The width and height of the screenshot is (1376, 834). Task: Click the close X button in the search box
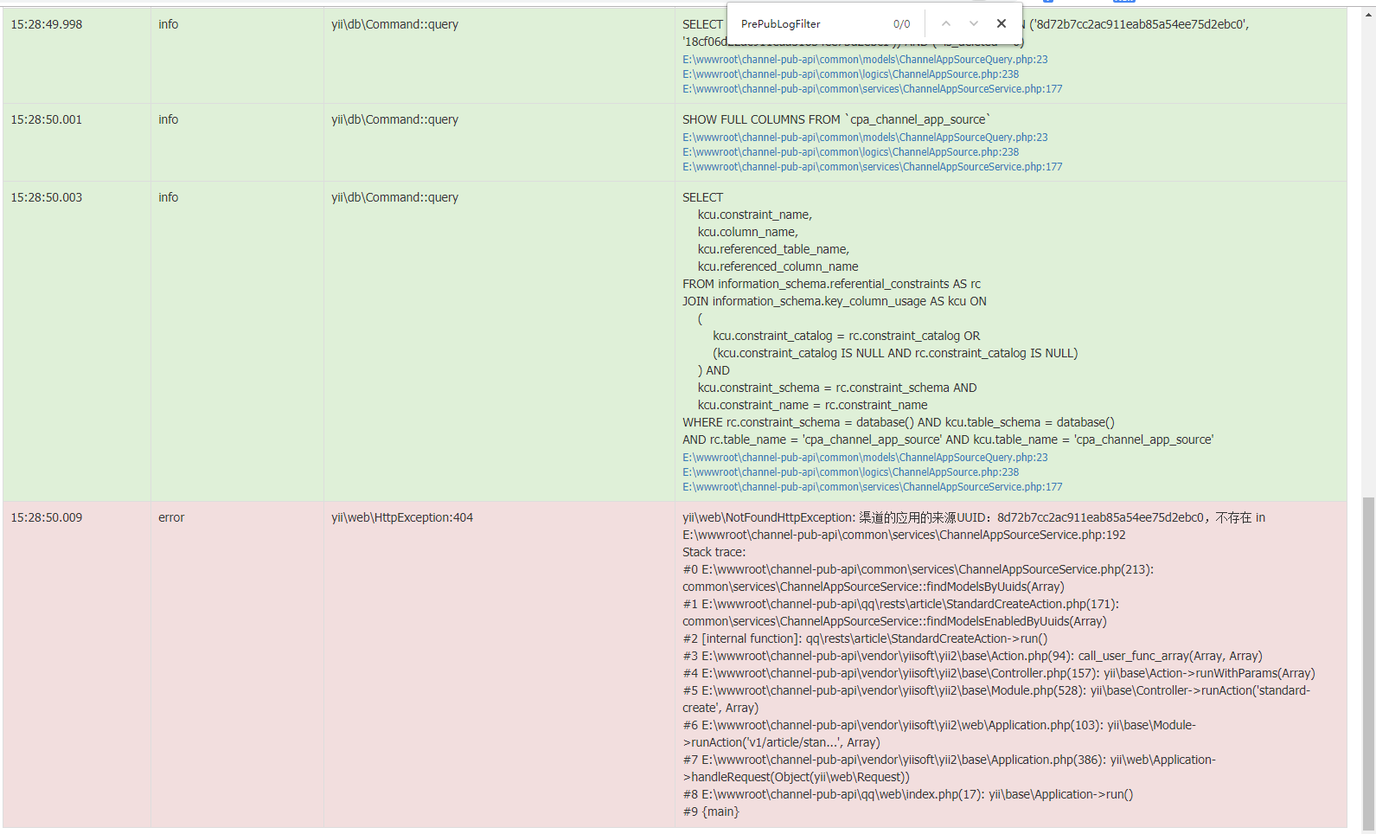tap(1002, 24)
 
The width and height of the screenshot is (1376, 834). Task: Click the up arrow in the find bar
tap(946, 24)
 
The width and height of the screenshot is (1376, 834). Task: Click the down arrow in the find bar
tap(974, 24)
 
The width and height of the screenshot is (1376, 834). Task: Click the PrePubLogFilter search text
tap(781, 24)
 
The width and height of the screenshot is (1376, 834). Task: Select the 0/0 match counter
tap(901, 24)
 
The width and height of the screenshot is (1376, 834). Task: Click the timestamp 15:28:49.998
tap(47, 24)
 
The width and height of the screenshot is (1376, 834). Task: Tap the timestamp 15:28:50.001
tap(47, 119)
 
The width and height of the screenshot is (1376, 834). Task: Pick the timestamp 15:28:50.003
tap(47, 197)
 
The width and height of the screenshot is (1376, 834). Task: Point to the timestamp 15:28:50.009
tap(47, 517)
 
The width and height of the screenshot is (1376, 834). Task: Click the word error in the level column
tap(171, 517)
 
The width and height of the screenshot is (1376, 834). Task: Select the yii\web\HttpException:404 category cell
tap(402, 517)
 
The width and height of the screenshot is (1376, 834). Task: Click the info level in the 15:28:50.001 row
tap(168, 119)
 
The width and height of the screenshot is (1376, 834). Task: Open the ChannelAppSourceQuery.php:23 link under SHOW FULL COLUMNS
tap(865, 138)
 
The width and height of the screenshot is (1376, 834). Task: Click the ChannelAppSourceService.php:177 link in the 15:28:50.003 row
tap(872, 487)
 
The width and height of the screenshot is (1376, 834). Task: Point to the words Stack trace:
tap(714, 552)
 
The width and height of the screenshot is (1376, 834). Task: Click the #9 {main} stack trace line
tap(711, 812)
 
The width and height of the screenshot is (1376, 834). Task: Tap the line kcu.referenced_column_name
tap(778, 266)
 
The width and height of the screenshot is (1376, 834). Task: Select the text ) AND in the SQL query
tap(714, 370)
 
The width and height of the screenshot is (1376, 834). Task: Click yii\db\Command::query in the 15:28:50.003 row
tap(394, 197)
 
